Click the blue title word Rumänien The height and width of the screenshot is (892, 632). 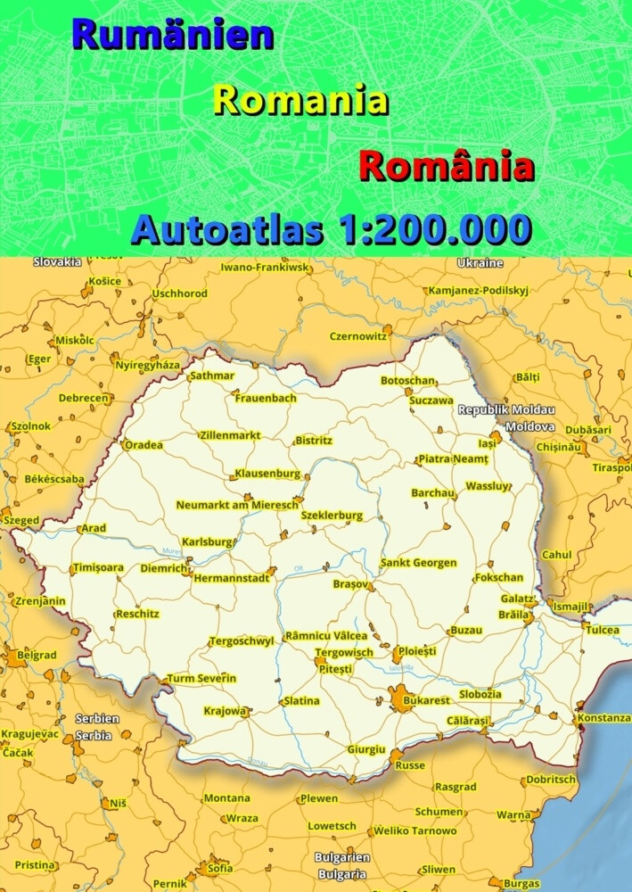[173, 35]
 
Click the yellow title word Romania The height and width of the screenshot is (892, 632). [301, 100]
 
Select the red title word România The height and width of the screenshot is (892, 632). [446, 166]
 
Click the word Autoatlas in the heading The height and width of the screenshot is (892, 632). [226, 230]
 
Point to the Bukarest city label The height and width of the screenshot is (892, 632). [427, 701]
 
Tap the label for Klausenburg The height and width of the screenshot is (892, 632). [267, 473]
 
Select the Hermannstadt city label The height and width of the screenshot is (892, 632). [231, 578]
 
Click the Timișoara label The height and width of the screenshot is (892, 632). [98, 567]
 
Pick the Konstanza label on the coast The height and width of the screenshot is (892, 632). [603, 717]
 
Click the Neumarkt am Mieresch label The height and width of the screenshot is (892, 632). [237, 505]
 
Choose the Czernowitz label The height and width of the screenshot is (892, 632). [358, 336]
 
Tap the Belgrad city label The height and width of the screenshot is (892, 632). [37, 655]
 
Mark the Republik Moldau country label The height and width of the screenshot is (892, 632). [506, 409]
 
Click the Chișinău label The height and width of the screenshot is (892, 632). [559, 447]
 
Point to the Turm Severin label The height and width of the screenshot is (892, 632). [201, 678]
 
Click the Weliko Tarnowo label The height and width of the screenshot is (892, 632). [414, 830]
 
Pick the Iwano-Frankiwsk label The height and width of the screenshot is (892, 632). [265, 267]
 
